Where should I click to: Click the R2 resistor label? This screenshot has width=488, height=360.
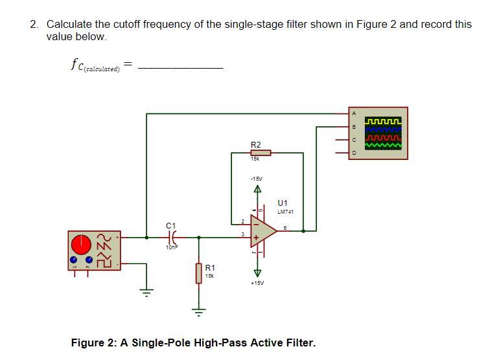click(255, 144)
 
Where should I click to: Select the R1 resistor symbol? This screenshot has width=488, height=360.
click(198, 273)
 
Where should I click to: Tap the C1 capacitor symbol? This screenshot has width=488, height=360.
click(172, 238)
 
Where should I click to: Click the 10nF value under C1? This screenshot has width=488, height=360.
click(172, 247)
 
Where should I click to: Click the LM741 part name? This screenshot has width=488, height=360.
click(286, 212)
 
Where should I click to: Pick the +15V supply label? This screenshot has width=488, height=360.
click(257, 282)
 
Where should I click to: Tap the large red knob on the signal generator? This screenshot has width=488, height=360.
click(81, 244)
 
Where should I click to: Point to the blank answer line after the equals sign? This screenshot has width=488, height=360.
click(181, 66)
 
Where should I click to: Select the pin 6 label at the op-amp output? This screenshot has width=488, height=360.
click(285, 227)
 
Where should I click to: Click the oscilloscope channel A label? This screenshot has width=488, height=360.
click(354, 113)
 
